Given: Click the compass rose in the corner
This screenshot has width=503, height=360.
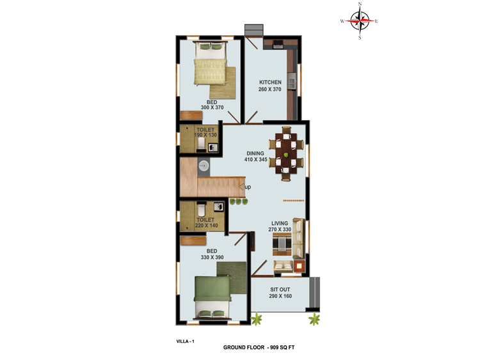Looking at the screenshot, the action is [360, 20].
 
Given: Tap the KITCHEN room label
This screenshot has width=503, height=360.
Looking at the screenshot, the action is [270, 82].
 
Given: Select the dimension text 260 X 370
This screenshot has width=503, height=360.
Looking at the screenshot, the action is [270, 90].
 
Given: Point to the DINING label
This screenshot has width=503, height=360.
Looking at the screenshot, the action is [255, 153].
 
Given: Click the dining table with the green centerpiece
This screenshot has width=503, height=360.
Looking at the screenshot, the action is [286, 154].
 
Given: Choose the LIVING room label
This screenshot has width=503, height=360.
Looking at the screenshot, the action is [280, 223].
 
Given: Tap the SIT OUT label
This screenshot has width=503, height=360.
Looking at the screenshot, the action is [280, 290].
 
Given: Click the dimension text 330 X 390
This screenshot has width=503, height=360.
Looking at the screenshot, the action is [212, 258].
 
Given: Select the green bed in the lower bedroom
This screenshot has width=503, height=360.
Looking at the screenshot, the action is [212, 297].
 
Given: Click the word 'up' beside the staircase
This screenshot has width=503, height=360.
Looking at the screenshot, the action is [248, 187].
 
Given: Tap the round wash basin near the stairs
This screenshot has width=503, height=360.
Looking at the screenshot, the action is [204, 166].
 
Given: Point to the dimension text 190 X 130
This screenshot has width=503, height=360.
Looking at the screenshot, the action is [205, 135].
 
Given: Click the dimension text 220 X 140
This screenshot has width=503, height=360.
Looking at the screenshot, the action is [206, 226].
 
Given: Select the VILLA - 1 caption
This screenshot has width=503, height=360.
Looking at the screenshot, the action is [185, 341].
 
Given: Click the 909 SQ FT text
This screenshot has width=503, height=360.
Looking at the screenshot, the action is [282, 347].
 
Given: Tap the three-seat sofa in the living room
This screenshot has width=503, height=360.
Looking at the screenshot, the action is [299, 239].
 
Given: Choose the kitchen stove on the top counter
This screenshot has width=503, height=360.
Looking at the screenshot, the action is [278, 45].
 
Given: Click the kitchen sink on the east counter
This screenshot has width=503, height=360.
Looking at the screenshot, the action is [292, 81].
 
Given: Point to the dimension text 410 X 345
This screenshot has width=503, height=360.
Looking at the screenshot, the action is [256, 160].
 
